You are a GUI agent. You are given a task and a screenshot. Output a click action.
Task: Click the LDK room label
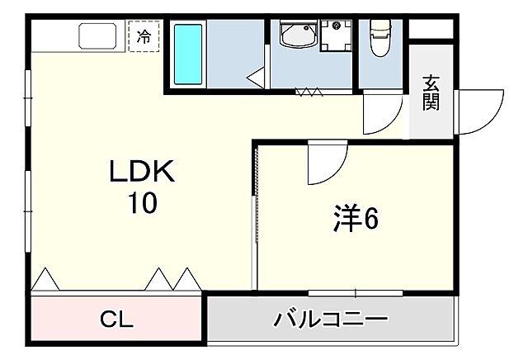(141, 172)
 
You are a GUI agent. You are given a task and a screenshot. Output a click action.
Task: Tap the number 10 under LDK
(141, 202)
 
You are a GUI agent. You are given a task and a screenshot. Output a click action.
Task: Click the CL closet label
(116, 320)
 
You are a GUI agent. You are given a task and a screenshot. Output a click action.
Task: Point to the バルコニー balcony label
(330, 320)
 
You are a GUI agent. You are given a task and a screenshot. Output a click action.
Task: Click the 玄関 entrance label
(431, 93)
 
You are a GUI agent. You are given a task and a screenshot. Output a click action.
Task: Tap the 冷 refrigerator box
(144, 36)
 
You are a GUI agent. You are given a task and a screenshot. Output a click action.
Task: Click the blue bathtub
(189, 54)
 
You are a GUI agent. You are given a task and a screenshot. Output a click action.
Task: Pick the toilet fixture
(379, 39)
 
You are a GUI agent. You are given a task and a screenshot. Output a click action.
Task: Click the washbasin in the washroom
(296, 36)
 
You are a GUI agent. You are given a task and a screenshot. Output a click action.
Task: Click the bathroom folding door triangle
(256, 78)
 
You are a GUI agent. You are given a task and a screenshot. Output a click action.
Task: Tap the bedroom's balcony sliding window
(356, 291)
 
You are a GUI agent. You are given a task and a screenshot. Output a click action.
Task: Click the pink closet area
(116, 320)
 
